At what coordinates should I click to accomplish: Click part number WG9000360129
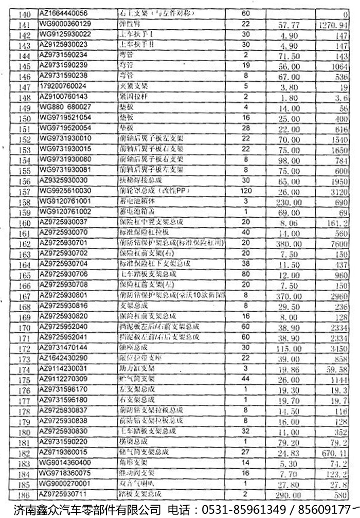click(65, 24)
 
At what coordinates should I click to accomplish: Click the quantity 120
click(245, 190)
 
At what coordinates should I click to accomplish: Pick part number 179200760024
click(63, 86)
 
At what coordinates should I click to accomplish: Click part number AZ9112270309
click(64, 379)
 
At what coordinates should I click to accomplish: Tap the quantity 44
click(245, 379)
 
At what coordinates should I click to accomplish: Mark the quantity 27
click(245, 452)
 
